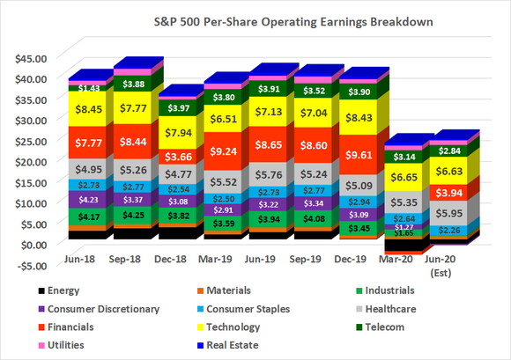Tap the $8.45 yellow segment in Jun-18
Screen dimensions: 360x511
pyautogui.click(x=86, y=110)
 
